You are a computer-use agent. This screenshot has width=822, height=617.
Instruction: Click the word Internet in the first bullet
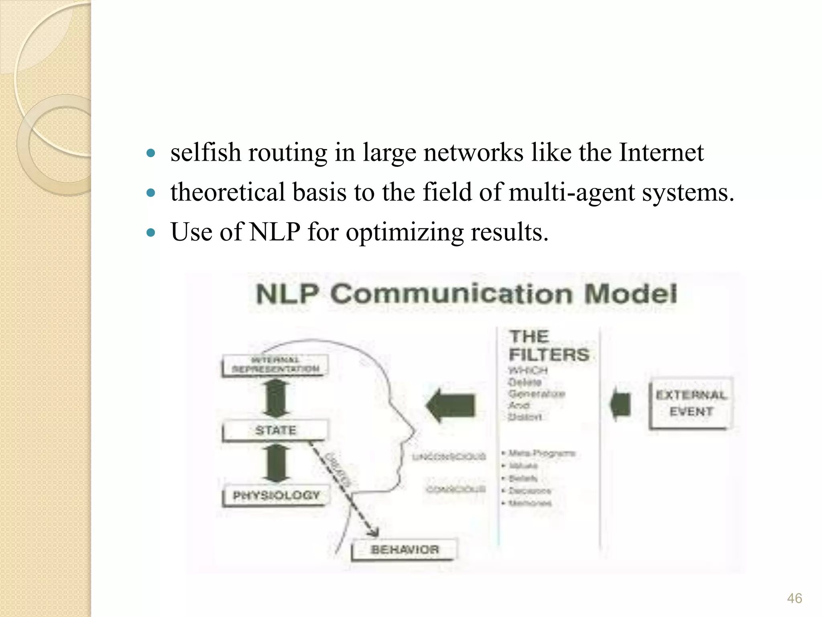[x=661, y=153]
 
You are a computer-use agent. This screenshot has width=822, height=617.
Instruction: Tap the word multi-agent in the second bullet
[x=572, y=192]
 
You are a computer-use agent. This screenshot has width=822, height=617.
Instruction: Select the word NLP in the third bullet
[x=275, y=232]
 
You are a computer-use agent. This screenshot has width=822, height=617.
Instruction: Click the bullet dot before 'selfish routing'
[x=151, y=153]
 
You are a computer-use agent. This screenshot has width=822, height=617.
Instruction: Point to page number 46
[x=794, y=599]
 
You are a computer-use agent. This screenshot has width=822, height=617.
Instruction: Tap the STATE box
[x=275, y=430]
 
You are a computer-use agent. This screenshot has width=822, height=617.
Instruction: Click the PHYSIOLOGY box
[x=276, y=495]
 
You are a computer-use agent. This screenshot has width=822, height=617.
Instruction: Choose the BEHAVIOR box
[x=405, y=550]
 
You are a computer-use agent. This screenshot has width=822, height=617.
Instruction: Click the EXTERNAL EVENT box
[x=691, y=403]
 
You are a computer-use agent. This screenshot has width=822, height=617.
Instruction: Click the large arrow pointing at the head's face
[x=451, y=405]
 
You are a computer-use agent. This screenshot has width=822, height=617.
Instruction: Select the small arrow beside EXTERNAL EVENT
[x=621, y=405]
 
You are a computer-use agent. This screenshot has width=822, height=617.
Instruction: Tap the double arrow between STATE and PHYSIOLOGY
[x=276, y=463]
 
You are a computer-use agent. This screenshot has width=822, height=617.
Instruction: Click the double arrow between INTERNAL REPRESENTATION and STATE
[x=276, y=398]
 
